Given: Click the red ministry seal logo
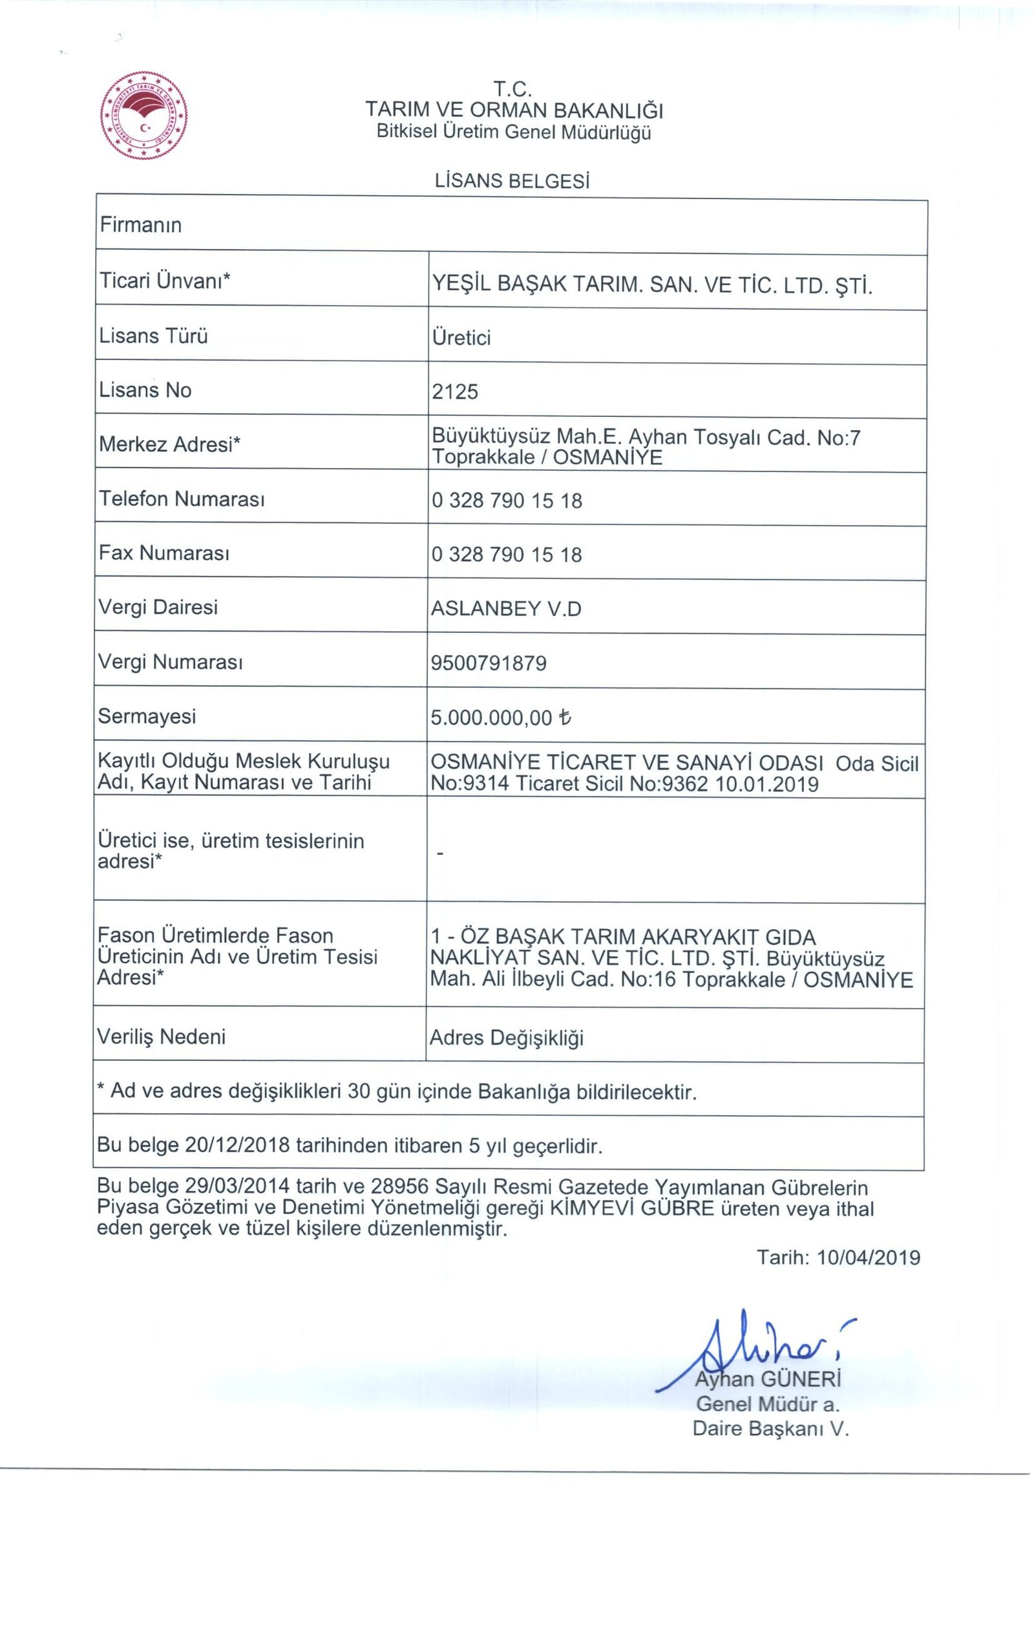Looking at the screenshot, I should point(143,116).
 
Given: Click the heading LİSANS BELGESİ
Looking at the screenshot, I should point(512,181).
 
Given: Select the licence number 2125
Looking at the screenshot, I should point(455,392).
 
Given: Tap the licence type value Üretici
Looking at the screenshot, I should point(461,337).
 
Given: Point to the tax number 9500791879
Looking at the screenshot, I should point(489,663).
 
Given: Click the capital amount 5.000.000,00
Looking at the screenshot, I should point(492,718).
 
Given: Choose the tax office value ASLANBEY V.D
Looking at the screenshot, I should point(506,609).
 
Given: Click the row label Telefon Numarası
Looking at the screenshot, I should point(182,499).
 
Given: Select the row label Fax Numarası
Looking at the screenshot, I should point(164,553).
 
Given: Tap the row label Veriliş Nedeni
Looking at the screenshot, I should point(162,1036).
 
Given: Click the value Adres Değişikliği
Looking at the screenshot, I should point(506,1038).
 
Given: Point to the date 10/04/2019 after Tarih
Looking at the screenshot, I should point(869,1257).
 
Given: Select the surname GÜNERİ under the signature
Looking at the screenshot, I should point(801,1379).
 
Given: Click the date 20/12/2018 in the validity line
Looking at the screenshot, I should point(237,1145).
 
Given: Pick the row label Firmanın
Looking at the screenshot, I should point(141,225).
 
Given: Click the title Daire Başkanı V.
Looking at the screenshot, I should point(771,1429).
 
